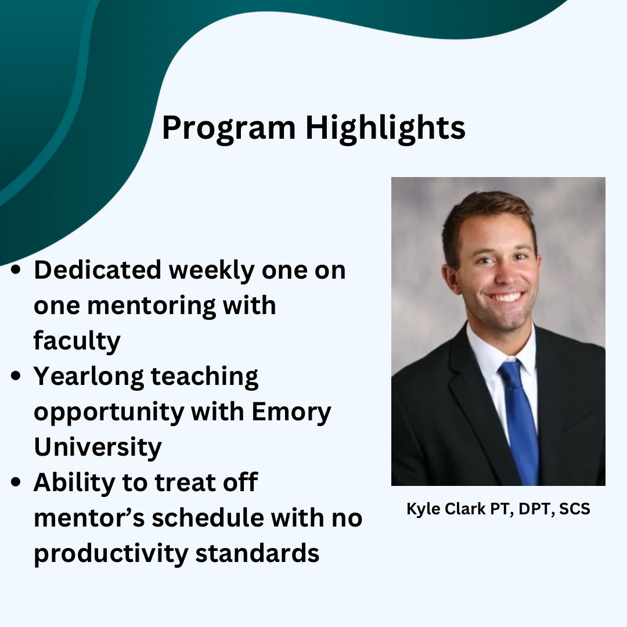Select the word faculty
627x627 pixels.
[x=77, y=341]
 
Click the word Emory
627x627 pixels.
[x=291, y=412]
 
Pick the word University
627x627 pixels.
[x=98, y=447]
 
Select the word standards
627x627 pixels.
[x=257, y=553]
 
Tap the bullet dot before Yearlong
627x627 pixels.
[x=17, y=377]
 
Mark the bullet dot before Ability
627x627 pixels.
[x=17, y=483]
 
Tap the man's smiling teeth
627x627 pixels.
[x=506, y=297]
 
